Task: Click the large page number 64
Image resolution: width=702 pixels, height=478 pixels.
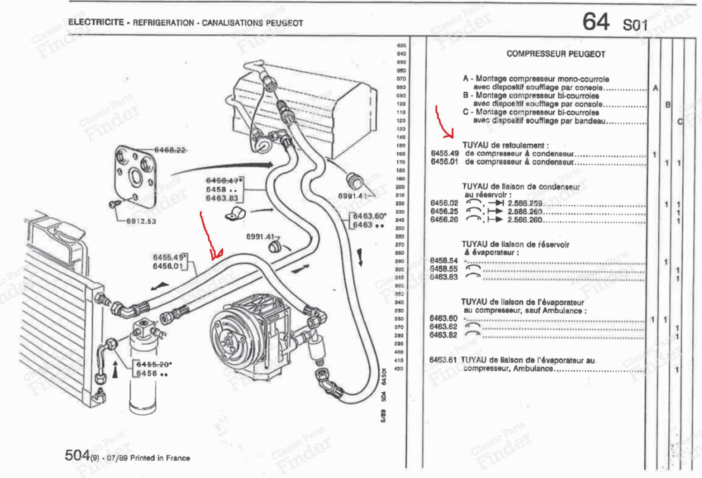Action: [x=596, y=22]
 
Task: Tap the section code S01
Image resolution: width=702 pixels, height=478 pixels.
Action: [x=635, y=25]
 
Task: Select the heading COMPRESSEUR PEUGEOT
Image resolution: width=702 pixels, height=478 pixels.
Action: [x=556, y=54]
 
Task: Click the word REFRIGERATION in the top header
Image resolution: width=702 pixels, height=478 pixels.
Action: [x=163, y=22]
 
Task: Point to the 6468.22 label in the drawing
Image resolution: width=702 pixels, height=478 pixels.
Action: [x=170, y=150]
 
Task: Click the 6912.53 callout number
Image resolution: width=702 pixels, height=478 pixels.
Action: [x=141, y=221]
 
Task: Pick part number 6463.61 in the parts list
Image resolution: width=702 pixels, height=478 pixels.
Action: [x=443, y=360]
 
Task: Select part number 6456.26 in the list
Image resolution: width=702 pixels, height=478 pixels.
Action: [x=444, y=220]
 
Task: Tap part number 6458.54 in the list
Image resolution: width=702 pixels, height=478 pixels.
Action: [x=444, y=260]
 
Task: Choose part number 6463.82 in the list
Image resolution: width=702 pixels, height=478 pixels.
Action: [x=443, y=335]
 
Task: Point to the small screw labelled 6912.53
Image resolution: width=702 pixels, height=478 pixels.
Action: [x=114, y=204]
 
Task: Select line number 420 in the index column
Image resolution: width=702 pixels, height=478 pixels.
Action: [x=399, y=368]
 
